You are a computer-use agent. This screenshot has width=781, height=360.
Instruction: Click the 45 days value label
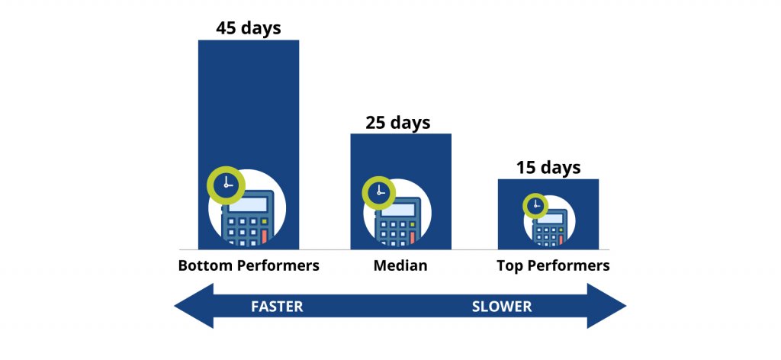pyautogui.click(x=248, y=28)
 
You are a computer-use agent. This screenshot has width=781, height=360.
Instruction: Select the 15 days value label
pyautogui.click(x=548, y=167)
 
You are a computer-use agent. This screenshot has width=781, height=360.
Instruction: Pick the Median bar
pyautogui.click(x=400, y=156)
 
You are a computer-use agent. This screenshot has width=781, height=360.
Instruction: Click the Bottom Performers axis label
pyautogui.click(x=248, y=266)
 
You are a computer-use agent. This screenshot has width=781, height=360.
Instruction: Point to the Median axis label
pyautogui.click(x=400, y=266)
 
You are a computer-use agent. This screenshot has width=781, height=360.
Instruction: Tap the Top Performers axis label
pyautogui.click(x=553, y=266)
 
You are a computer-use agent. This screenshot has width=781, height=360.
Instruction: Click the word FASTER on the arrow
pyautogui.click(x=277, y=307)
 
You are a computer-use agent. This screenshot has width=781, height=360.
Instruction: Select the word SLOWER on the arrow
pyautogui.click(x=501, y=307)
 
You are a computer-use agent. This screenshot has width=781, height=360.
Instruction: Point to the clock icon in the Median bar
pyautogui.click(x=378, y=194)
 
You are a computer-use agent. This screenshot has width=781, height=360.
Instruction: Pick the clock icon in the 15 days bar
pyautogui.click(x=535, y=205)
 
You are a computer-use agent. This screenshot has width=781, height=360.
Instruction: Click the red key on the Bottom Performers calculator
pyautogui.click(x=264, y=236)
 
